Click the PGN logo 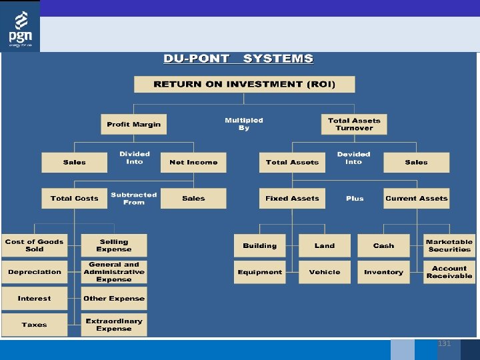[x=20, y=27]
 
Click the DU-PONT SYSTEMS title [x=238, y=59]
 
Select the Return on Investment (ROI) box [x=244, y=84]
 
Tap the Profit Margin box [x=133, y=124]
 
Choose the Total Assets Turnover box [x=354, y=124]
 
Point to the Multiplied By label [x=244, y=124]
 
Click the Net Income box [x=193, y=162]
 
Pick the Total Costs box [x=74, y=198]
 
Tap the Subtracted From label [x=133, y=199]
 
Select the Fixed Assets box [x=292, y=198]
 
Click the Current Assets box [x=417, y=198]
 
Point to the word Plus [x=355, y=199]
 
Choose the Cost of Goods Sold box [x=35, y=245]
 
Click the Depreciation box [x=35, y=272]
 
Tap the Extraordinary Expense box [x=114, y=325]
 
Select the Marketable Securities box [x=449, y=245]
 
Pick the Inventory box [x=383, y=272]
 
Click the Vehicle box [x=325, y=272]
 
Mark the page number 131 [x=444, y=343]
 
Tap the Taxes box [x=35, y=325]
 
